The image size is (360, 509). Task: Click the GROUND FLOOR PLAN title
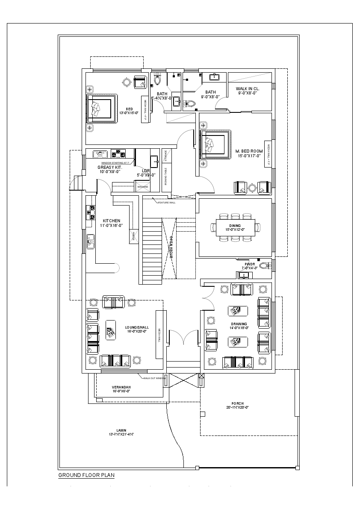click(x=86, y=475)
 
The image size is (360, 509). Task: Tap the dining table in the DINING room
click(x=235, y=227)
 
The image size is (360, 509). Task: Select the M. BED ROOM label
click(x=249, y=151)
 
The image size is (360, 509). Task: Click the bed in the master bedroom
click(x=214, y=144)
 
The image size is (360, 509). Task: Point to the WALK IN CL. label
click(x=248, y=88)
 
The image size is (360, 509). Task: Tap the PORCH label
click(x=237, y=403)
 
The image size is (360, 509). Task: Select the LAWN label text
click(x=121, y=430)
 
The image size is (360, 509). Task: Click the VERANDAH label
click(x=121, y=387)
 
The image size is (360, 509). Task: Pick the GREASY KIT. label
click(x=110, y=168)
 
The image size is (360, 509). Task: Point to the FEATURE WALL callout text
click(x=166, y=202)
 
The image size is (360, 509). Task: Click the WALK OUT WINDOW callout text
click(x=154, y=378)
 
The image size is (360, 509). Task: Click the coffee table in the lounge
click(x=111, y=330)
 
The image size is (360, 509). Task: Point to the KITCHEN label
click(x=111, y=221)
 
